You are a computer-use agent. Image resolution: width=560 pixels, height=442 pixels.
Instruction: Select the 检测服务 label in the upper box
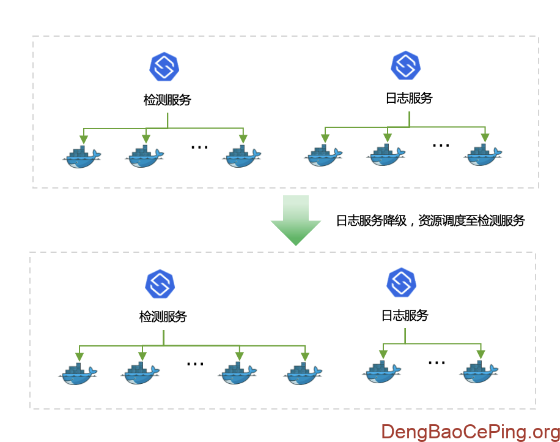[168, 100]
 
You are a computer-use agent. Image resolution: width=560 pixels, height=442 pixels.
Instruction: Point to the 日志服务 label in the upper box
[409, 98]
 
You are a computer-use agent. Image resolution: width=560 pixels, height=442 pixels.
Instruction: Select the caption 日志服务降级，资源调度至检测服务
[430, 221]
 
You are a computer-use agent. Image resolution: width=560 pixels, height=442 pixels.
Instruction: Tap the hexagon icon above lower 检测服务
[160, 283]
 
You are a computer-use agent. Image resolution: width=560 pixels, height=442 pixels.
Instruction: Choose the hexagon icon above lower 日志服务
[401, 282]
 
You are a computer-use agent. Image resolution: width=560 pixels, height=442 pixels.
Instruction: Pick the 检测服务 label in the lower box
[163, 317]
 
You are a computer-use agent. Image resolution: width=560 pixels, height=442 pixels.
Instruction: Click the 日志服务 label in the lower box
[405, 315]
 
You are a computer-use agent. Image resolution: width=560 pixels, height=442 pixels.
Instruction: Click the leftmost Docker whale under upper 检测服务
[82, 157]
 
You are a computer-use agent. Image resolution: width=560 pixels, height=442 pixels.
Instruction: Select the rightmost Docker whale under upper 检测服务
[243, 157]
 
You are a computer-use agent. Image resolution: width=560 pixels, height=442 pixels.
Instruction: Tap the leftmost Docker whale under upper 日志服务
[323, 155]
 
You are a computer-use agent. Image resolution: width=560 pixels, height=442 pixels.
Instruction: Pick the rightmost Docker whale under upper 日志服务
[483, 155]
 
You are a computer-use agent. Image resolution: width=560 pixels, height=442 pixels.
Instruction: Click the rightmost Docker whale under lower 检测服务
[303, 373]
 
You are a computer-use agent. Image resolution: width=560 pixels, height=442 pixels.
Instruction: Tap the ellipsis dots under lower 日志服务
[437, 362]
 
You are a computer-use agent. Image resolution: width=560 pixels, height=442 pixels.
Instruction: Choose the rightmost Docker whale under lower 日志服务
[480, 372]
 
